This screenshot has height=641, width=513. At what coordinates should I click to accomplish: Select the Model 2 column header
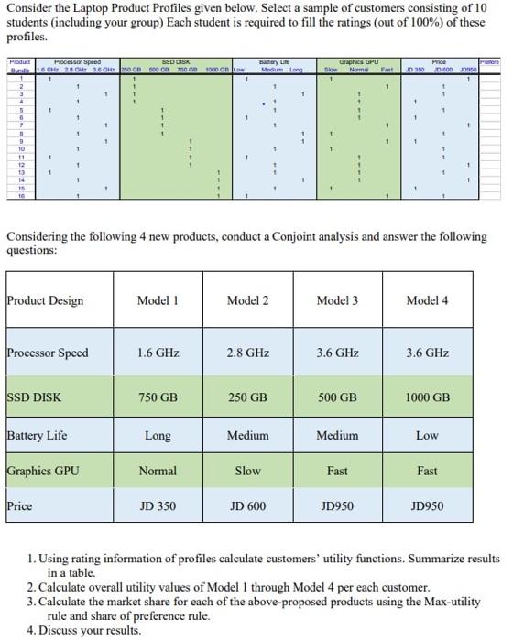pyautogui.click(x=247, y=300)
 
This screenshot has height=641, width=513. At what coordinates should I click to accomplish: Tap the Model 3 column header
pyautogui.click(x=337, y=300)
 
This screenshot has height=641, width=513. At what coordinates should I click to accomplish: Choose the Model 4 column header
pyautogui.click(x=427, y=300)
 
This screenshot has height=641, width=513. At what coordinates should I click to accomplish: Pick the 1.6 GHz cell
pyautogui.click(x=157, y=353)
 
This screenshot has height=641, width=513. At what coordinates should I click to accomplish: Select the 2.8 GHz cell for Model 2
pyautogui.click(x=247, y=353)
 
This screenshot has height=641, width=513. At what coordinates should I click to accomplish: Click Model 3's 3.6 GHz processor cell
pyautogui.click(x=337, y=353)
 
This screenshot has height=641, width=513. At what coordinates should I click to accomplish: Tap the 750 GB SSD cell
pyautogui.click(x=157, y=397)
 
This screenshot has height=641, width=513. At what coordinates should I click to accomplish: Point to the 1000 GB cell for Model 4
pyautogui.click(x=427, y=397)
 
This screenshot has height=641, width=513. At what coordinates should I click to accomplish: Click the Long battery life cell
pyautogui.click(x=157, y=436)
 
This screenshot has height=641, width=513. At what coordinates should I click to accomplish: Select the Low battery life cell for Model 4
pyautogui.click(x=427, y=436)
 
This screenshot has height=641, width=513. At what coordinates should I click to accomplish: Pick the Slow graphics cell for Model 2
pyautogui.click(x=247, y=471)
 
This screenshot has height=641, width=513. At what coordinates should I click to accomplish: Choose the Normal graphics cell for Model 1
pyautogui.click(x=157, y=471)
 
